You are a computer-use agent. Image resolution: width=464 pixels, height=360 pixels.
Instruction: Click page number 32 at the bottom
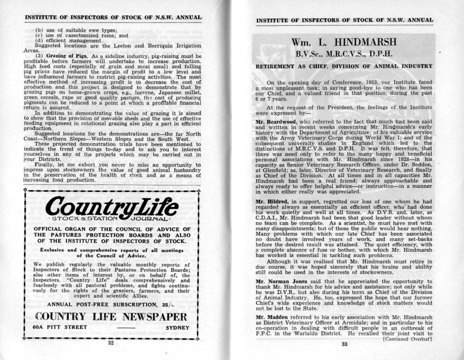click(111, 343)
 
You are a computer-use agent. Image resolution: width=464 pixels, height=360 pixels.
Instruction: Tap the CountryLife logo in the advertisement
click(112, 207)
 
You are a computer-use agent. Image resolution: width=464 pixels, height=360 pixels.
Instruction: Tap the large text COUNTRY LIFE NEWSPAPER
click(111, 317)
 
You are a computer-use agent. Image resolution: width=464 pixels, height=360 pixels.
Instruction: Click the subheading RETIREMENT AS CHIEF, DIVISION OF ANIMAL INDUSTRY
click(344, 66)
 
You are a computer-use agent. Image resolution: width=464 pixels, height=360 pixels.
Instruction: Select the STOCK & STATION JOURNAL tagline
click(112, 219)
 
